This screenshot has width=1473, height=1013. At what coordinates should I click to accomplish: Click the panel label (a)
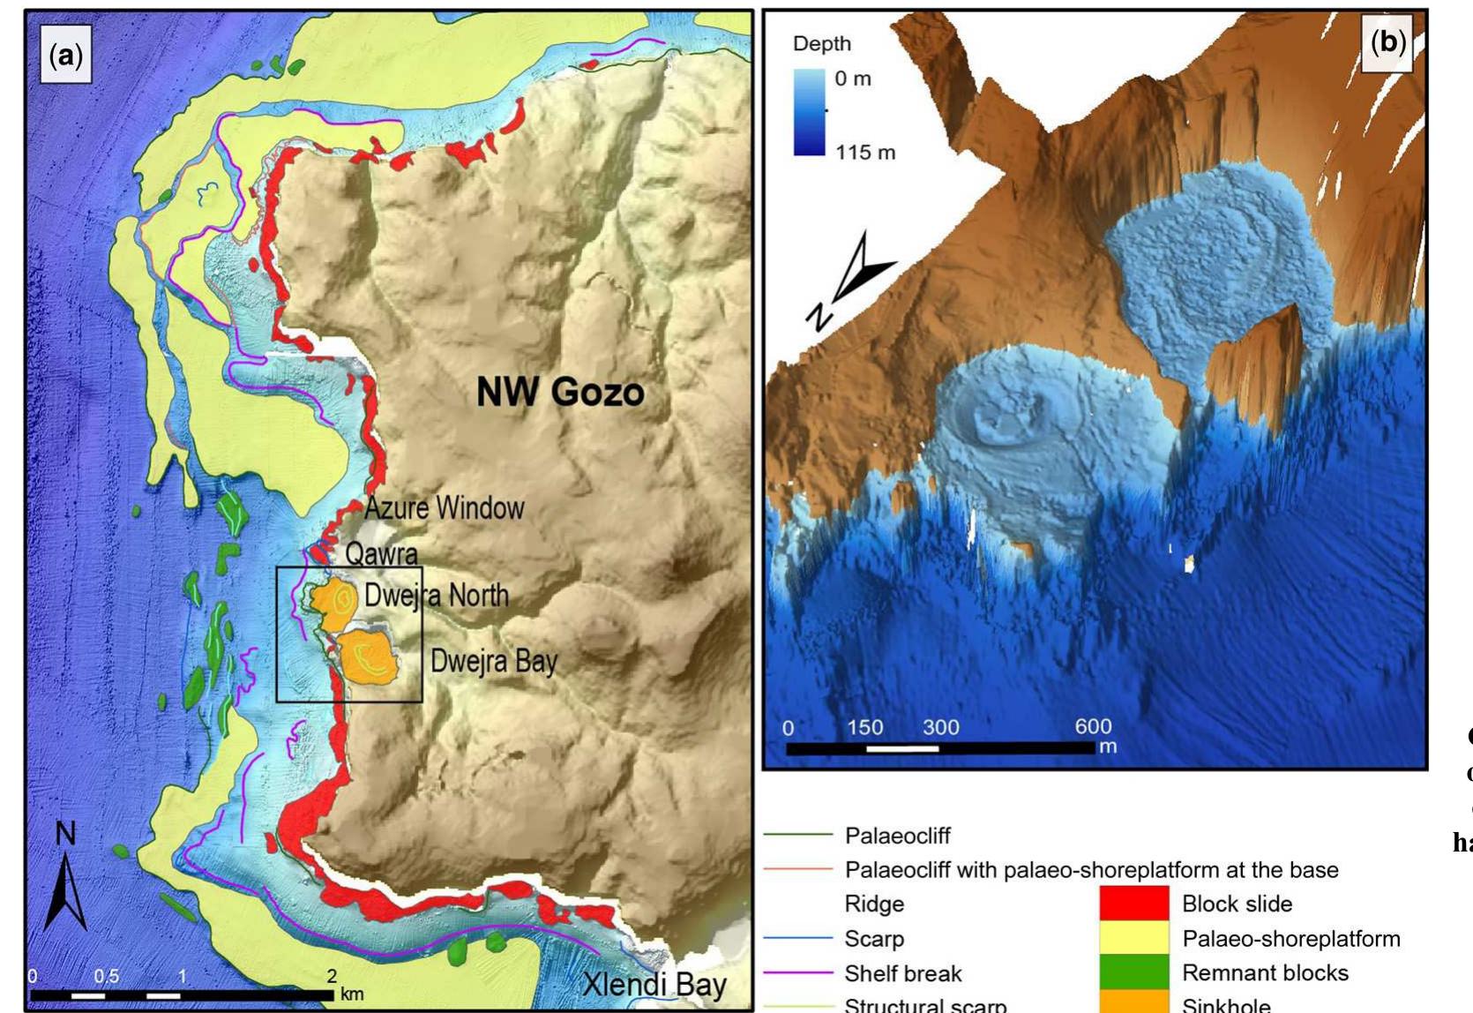(66, 56)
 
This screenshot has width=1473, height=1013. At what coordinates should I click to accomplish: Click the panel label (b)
(1388, 41)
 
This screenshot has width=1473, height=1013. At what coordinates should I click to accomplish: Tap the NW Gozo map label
(560, 392)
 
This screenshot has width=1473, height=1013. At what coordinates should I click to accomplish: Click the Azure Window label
(444, 508)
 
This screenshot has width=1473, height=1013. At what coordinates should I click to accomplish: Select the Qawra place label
(381, 554)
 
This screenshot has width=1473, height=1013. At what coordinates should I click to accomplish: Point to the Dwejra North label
(437, 596)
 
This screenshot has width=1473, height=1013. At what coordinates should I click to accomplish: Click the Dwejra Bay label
(494, 661)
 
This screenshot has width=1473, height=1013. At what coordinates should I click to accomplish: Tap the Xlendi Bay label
(654, 985)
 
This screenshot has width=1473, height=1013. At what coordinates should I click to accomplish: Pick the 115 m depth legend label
(865, 153)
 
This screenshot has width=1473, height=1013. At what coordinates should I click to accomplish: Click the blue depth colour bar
(809, 113)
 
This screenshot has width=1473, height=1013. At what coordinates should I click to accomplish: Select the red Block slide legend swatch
(1133, 904)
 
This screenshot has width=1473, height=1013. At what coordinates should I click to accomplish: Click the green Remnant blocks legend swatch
(1133, 972)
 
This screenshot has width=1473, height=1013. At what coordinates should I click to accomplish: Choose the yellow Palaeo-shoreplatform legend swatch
(1133, 938)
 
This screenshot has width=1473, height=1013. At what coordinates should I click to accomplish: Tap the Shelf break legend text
(902, 973)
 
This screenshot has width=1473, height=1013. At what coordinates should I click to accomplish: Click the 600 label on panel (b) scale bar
(1092, 726)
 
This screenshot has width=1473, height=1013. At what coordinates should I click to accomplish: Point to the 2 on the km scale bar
(332, 976)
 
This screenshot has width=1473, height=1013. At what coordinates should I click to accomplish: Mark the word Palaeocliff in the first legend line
(897, 835)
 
